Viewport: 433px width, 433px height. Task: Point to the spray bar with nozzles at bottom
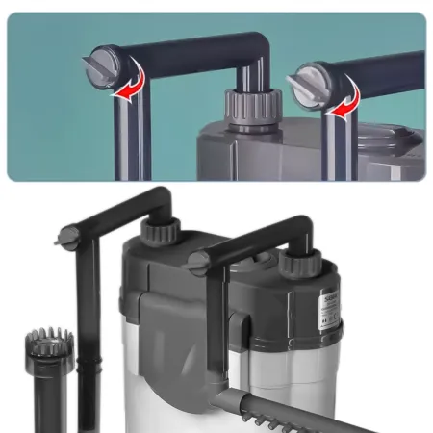tap(289, 408)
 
